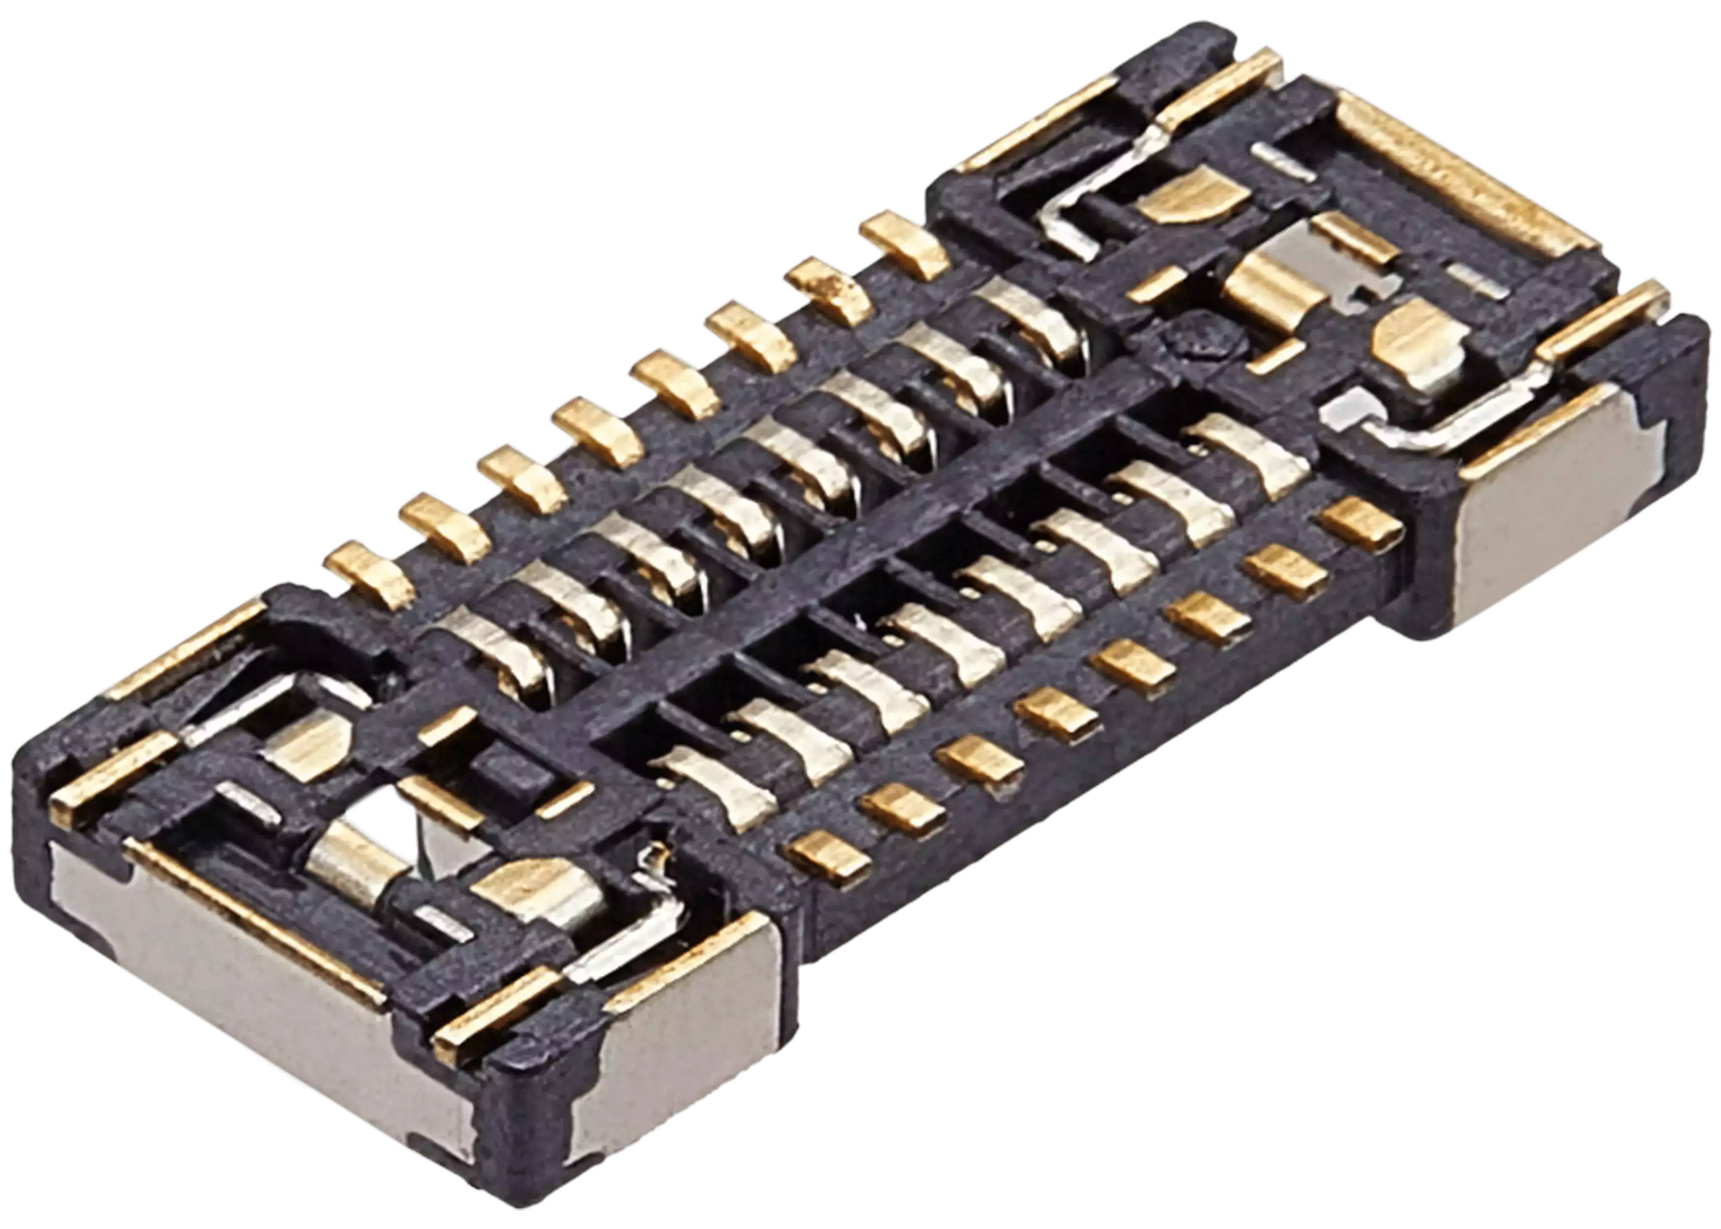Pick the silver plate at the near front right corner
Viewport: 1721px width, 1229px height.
point(681,1059)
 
